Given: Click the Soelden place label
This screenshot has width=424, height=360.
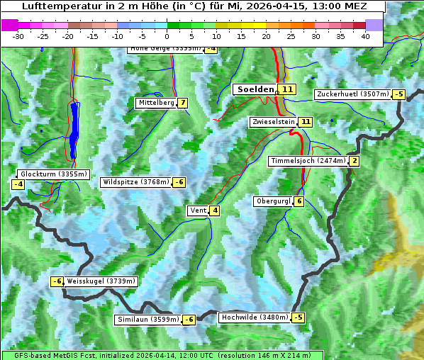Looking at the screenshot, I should point(255,89).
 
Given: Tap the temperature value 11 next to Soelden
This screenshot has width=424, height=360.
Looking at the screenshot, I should point(286,89).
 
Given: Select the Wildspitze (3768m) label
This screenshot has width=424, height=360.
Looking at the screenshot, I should point(136,182).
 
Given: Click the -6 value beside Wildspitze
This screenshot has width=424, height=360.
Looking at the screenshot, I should point(180,182).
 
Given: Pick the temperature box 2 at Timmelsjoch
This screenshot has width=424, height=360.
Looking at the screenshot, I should point(355,161).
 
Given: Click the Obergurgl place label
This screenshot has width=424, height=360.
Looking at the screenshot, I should point(273,201).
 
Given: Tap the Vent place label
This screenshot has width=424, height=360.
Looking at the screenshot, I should point(198,210).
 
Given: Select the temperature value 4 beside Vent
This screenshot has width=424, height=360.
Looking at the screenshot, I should point(214,210).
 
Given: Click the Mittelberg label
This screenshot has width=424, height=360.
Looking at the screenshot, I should point(156,103).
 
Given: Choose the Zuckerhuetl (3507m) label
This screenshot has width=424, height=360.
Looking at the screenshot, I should point(353,94).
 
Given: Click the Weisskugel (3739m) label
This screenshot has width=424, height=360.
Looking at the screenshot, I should point(100,281).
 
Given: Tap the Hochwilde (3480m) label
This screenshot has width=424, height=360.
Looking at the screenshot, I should point(255,317).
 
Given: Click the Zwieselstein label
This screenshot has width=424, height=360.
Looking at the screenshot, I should point(273,122).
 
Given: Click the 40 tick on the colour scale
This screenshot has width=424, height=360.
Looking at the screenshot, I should point(365,36).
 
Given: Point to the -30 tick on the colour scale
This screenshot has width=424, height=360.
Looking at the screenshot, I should point(19,36).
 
